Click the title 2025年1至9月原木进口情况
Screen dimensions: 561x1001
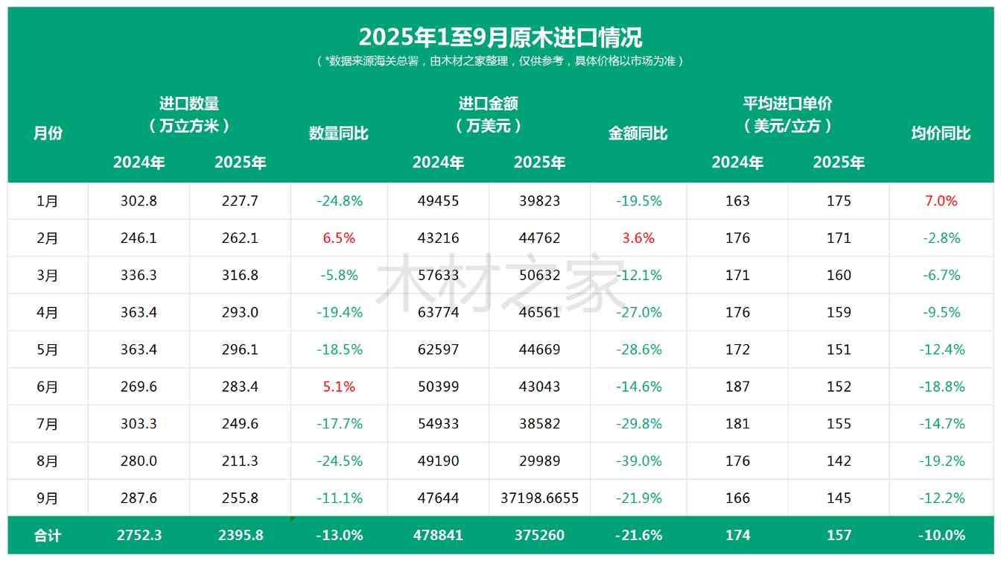click(500, 37)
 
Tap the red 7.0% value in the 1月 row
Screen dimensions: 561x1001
click(941, 201)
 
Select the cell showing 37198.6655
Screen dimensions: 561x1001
click(539, 498)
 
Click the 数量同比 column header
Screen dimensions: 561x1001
click(338, 133)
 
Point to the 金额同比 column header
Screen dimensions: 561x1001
click(638, 133)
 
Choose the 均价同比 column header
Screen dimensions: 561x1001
click(941, 133)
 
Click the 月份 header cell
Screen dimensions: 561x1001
click(48, 133)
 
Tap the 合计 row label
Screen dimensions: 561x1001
click(48, 536)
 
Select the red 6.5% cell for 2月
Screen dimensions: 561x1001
click(338, 238)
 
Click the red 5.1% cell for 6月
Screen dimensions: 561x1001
click(338, 387)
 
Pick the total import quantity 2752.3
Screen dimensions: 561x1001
click(139, 536)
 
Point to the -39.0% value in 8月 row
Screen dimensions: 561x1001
click(638, 461)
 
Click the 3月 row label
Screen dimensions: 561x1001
click(48, 276)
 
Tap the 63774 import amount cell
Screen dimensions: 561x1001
click(438, 312)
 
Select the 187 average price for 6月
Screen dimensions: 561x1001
click(737, 387)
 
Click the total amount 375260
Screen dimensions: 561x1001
click(539, 536)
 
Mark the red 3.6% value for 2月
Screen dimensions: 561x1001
click(638, 238)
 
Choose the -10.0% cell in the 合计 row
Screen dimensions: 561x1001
click(941, 536)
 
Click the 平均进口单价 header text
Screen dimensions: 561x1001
click(787, 104)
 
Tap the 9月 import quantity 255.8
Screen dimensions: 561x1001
click(240, 498)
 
